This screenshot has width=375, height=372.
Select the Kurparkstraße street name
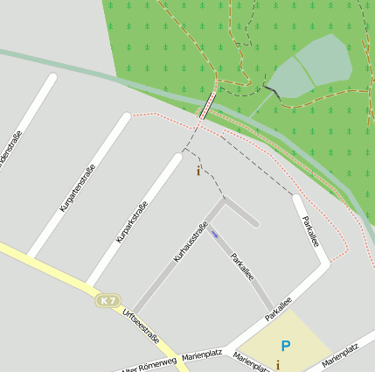coord(132,221)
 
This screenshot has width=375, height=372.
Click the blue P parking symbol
coord(286,347)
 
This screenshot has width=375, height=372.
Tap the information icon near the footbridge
coord(198,171)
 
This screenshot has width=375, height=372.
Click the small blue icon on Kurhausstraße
coord(214,233)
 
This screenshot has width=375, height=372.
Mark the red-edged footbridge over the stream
coord(207,107)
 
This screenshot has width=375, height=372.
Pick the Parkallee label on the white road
coord(310,232)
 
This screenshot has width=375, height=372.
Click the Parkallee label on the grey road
coord(243,266)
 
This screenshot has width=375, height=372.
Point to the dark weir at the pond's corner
coord(274,90)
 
